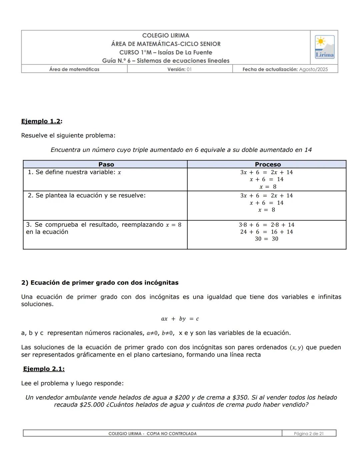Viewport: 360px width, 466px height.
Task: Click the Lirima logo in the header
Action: (x=324, y=47)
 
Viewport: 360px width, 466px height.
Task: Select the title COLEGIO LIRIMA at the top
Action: (x=166, y=35)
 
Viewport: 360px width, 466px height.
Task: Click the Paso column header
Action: (x=106, y=164)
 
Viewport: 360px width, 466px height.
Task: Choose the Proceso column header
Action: (x=268, y=164)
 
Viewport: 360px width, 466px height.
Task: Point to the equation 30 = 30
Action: (x=266, y=239)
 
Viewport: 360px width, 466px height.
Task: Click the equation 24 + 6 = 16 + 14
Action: (x=266, y=232)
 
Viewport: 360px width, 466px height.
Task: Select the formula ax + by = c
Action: (x=180, y=319)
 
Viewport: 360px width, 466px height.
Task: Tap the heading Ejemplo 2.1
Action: (x=44, y=369)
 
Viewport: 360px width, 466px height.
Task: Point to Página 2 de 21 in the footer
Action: (x=309, y=434)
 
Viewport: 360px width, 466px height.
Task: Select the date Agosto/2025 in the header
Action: (x=313, y=69)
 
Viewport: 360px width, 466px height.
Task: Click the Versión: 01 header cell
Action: (x=180, y=69)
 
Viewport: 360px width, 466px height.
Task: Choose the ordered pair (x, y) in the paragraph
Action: (x=296, y=348)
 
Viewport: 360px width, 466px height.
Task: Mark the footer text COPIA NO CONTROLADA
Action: (x=171, y=434)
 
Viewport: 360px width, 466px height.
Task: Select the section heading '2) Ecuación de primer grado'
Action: (x=100, y=283)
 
